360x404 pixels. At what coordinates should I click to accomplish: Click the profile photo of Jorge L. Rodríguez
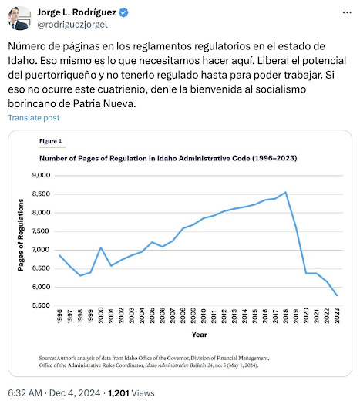(19, 19)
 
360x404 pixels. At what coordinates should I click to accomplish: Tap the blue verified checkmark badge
(124, 12)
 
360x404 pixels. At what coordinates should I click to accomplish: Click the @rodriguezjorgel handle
(72, 25)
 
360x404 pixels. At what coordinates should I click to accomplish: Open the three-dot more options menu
(347, 12)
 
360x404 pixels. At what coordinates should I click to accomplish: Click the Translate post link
(34, 118)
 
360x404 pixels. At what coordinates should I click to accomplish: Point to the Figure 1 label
(51, 141)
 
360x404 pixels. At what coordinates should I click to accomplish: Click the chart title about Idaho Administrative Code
(168, 158)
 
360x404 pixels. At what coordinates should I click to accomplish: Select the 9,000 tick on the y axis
(41, 175)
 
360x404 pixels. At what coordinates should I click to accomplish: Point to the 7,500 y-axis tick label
(41, 231)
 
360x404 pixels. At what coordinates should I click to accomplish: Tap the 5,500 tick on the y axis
(41, 305)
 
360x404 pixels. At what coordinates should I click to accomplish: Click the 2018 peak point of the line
(285, 192)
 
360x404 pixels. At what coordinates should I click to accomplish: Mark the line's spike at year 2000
(101, 247)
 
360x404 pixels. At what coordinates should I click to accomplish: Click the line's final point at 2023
(337, 295)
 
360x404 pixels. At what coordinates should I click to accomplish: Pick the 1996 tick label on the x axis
(59, 315)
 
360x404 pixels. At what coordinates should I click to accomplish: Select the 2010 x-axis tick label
(204, 315)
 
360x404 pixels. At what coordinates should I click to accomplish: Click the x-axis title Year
(199, 335)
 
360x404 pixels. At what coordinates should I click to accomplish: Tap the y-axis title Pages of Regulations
(21, 235)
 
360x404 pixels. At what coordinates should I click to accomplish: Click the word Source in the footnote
(47, 358)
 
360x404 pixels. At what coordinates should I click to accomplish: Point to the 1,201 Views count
(131, 393)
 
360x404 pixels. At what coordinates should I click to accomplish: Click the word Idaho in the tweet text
(22, 61)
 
